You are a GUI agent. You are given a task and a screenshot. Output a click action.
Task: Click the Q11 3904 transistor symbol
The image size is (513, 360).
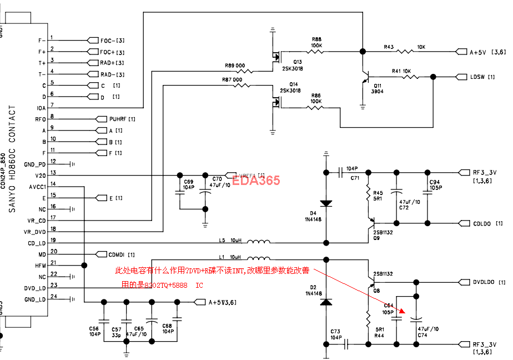click(x=365, y=78)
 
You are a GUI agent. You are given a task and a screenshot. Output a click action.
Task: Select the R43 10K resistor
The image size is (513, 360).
click(x=404, y=52)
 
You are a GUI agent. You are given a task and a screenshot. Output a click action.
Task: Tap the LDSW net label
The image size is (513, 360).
click(x=478, y=77)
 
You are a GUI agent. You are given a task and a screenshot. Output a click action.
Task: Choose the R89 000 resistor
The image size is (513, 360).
click(x=245, y=71)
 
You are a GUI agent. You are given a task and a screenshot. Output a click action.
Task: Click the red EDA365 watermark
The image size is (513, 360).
click(x=256, y=180)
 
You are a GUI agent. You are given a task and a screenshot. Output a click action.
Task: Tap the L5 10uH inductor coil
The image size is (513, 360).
click(x=259, y=243)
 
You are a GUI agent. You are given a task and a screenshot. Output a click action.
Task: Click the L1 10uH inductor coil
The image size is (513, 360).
click(x=259, y=259)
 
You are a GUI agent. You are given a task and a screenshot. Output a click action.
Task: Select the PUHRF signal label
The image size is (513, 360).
click(x=122, y=119)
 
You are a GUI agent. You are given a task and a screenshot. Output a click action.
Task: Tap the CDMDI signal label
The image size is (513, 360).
click(x=122, y=254)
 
